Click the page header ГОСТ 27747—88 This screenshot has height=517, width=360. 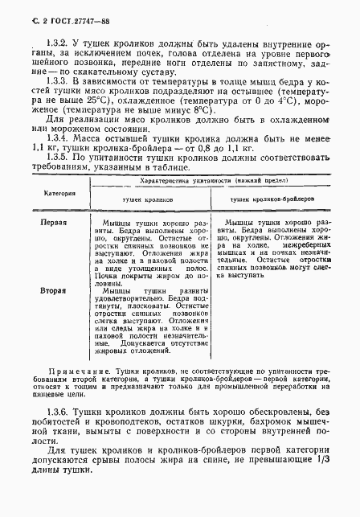47,10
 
